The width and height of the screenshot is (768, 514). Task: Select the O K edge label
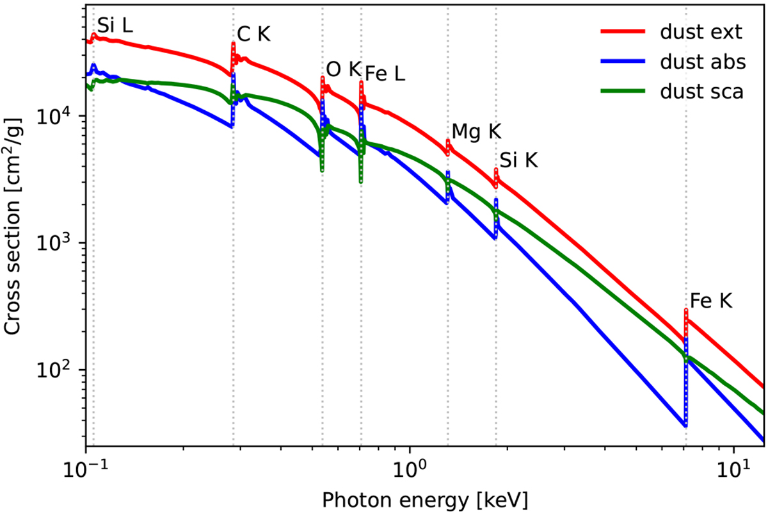[343, 69]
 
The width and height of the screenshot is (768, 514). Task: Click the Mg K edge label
[476, 131]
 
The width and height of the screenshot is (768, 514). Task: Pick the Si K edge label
[518, 160]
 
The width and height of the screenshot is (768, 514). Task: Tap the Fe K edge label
[710, 301]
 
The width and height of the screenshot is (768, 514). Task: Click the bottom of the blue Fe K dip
[685, 424]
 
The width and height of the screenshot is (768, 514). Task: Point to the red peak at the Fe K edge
[685, 311]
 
